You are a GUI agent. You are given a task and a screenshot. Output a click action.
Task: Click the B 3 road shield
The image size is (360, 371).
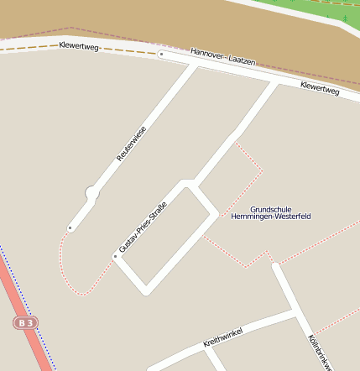click(26, 322)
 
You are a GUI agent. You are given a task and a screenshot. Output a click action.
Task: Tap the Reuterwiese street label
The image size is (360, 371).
click(131, 144)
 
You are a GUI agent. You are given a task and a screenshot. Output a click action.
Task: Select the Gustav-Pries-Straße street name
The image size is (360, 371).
click(143, 227)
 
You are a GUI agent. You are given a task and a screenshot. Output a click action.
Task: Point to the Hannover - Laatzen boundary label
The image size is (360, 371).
click(223, 57)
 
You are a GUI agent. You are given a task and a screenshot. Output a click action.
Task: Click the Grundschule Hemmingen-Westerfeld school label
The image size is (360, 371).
click(270, 212)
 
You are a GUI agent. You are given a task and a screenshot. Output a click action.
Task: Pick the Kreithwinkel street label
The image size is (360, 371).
click(222, 337)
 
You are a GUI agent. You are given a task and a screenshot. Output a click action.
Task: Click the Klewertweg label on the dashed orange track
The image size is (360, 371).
click(79, 45)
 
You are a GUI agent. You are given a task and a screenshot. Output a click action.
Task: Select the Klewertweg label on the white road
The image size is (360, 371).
click(320, 87)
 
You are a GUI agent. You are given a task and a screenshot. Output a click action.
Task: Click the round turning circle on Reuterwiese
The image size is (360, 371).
click(92, 194)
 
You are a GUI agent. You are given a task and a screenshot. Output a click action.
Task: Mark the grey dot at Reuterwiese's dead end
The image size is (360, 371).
click(70, 227)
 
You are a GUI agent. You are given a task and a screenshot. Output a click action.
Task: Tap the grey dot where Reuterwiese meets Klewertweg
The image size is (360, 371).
click(161, 55)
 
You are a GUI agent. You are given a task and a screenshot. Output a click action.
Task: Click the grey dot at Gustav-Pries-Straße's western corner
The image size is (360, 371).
click(116, 256)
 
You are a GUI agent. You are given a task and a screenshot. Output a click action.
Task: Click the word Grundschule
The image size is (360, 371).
click(270, 208)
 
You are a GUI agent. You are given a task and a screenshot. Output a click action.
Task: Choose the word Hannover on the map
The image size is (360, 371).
click(206, 53)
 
